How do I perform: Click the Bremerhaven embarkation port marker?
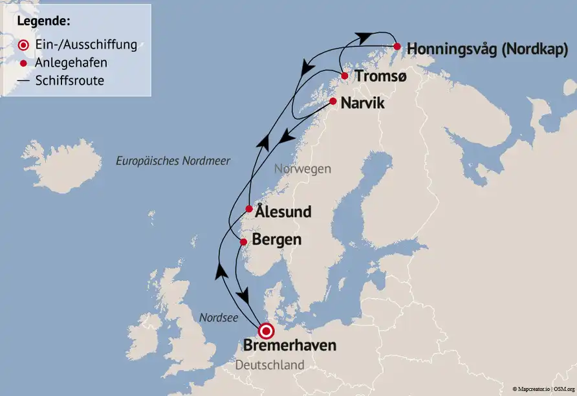[266, 331]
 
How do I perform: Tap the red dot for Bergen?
[243, 242]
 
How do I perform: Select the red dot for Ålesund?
[249, 209]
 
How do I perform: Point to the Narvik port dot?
[332, 102]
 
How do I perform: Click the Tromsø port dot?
[344, 76]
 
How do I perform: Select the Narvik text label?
[362, 103]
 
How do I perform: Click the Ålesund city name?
[283, 212]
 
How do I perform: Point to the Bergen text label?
[276, 240]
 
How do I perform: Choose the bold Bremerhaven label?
[290, 346]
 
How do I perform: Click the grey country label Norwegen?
[303, 169]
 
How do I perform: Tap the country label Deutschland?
[270, 366]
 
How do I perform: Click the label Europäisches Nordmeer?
[173, 160]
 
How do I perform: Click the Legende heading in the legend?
[44, 21]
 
